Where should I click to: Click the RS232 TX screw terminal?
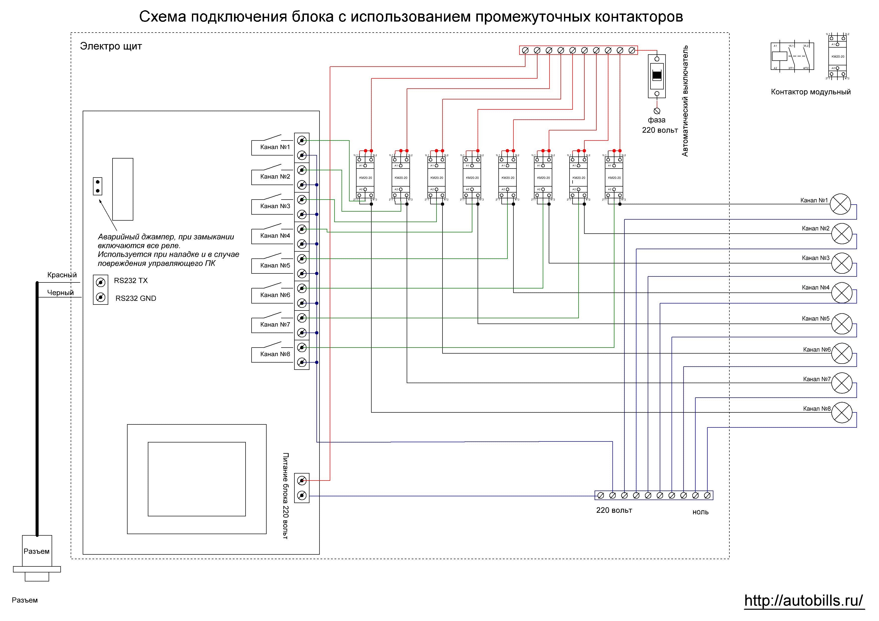(x=101, y=282)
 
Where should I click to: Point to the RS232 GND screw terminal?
(x=101, y=297)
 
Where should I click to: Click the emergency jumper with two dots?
(x=98, y=186)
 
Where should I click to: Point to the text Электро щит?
(x=111, y=46)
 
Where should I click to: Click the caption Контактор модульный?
(x=811, y=92)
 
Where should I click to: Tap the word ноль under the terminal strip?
(x=700, y=512)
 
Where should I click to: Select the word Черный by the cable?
(x=60, y=293)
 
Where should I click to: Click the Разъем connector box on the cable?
(x=37, y=551)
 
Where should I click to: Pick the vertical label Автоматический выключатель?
(x=685, y=101)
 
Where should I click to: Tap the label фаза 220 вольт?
(x=659, y=125)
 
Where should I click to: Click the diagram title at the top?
(x=411, y=17)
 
